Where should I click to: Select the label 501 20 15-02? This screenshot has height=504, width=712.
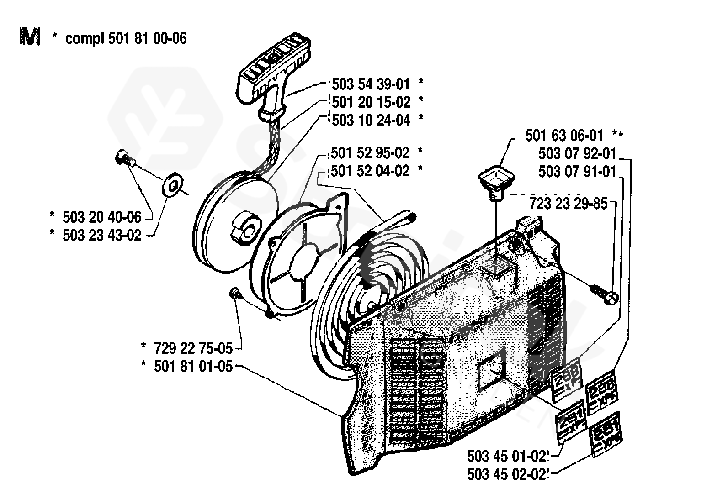tap(371, 102)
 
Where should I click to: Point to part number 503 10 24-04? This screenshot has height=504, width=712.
tap(371, 120)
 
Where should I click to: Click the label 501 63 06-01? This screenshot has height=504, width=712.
tap(564, 136)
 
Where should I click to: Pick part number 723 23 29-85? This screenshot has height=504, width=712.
tap(569, 203)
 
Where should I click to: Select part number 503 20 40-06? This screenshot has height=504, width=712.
tap(102, 216)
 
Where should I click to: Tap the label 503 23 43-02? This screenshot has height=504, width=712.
tap(102, 235)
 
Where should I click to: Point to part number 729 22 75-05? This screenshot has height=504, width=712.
tap(193, 349)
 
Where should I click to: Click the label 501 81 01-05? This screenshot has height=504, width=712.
tap(193, 366)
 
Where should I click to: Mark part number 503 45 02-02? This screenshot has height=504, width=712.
tap(507, 474)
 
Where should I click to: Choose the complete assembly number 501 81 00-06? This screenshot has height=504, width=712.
tap(148, 38)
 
